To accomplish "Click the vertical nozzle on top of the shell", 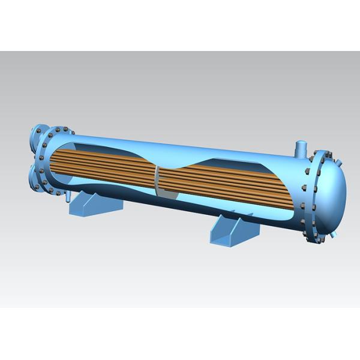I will [x=299, y=148].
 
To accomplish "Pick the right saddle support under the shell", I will [x=231, y=231].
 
